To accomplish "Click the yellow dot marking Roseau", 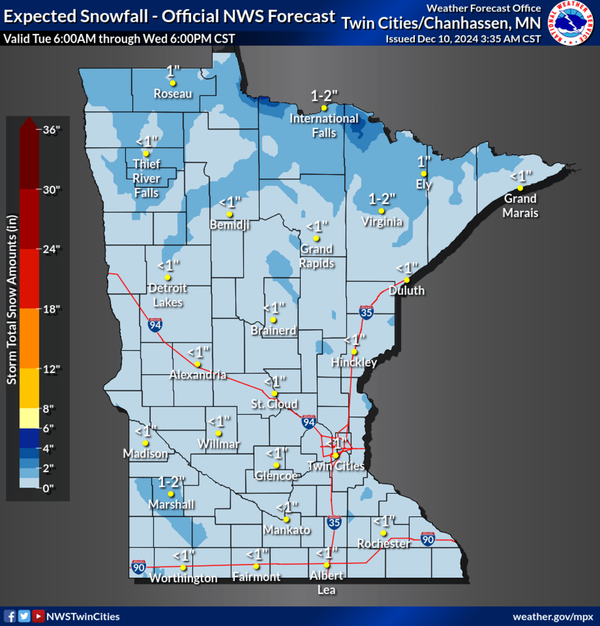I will pyautogui.click(x=173, y=83).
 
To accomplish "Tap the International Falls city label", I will pyautogui.click(x=324, y=126).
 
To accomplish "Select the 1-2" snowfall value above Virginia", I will pyautogui.click(x=382, y=199).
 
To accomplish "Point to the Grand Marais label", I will pyautogui.click(x=520, y=206).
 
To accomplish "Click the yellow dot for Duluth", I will pyautogui.click(x=407, y=280).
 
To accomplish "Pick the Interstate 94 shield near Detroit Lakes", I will pyautogui.click(x=155, y=325).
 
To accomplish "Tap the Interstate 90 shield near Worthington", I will pyautogui.click(x=138, y=568).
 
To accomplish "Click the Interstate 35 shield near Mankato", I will pyautogui.click(x=334, y=522).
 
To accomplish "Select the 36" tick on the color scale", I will pyautogui.click(x=51, y=130).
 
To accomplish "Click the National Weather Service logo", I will pyautogui.click(x=572, y=22).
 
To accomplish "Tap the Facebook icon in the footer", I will pyautogui.click(x=10, y=617).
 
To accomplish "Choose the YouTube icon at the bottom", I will pyautogui.click(x=38, y=617).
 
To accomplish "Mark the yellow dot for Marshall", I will pyautogui.click(x=171, y=494).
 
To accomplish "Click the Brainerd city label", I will pyautogui.click(x=273, y=330).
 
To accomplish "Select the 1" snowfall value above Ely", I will pyautogui.click(x=424, y=162).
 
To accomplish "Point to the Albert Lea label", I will pyautogui.click(x=327, y=582).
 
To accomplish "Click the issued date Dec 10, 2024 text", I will pyautogui.click(x=463, y=39).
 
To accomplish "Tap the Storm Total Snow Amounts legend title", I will pyautogui.click(x=11, y=300).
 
